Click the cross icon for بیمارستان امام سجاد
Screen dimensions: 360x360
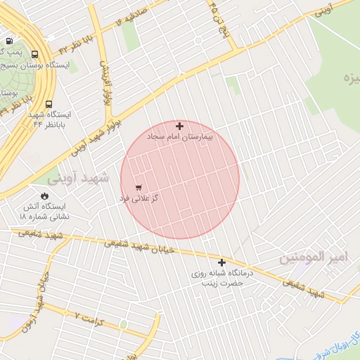click(180, 127)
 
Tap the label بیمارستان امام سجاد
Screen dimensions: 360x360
click(180, 139)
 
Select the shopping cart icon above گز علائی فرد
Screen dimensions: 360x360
click(139, 188)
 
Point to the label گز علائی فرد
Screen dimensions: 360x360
click(139, 199)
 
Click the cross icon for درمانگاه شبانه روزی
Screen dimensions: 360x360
click(221, 262)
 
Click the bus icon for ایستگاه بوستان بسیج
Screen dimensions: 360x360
click(35, 53)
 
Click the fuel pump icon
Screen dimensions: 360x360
click(8, 42)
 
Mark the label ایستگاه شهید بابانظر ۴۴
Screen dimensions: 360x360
click(50, 119)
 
